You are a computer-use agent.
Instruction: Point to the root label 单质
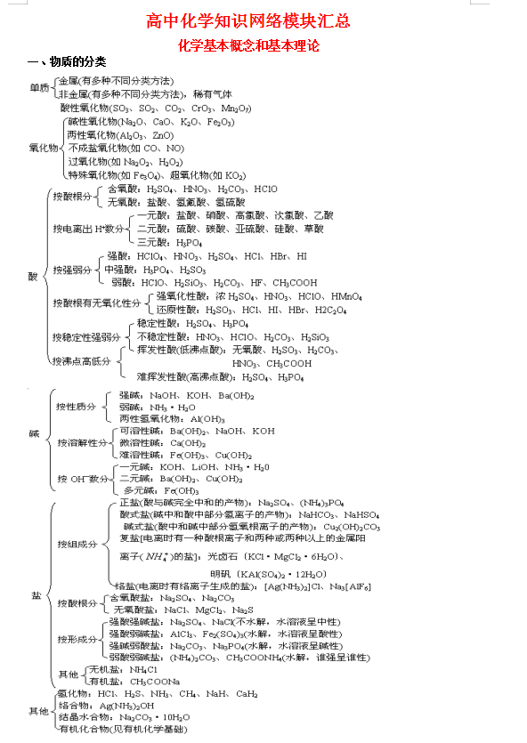(x=39, y=87)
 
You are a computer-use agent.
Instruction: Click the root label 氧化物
(x=44, y=148)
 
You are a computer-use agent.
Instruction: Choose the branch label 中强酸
(x=119, y=270)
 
